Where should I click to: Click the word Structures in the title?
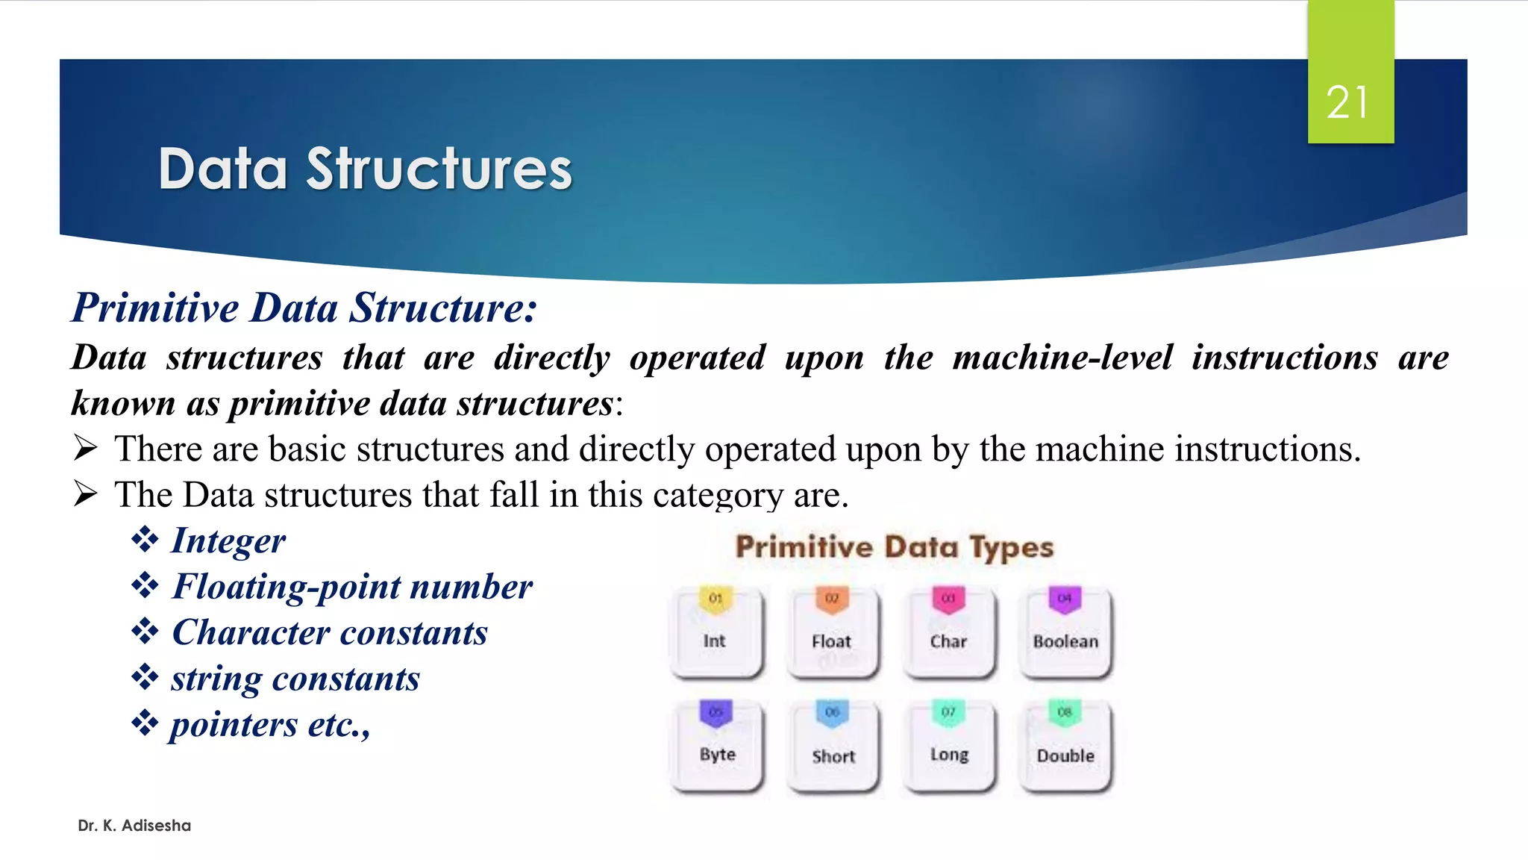point(439,169)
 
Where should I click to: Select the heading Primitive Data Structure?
point(304,308)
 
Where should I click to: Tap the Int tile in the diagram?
point(716,633)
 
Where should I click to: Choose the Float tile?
point(832,633)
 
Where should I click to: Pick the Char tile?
point(948,633)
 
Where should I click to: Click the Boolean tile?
point(1065,633)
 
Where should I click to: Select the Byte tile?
point(717,747)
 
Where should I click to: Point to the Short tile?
point(833,747)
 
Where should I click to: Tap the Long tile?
point(949,747)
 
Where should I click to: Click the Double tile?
point(1065,747)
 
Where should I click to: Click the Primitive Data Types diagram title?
point(894,547)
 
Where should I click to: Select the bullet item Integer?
point(228,540)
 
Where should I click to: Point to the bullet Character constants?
point(330,633)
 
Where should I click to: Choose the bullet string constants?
point(295,679)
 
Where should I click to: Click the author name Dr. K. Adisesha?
point(134,826)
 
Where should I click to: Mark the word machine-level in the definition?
point(1062,358)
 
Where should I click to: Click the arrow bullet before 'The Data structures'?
point(86,493)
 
